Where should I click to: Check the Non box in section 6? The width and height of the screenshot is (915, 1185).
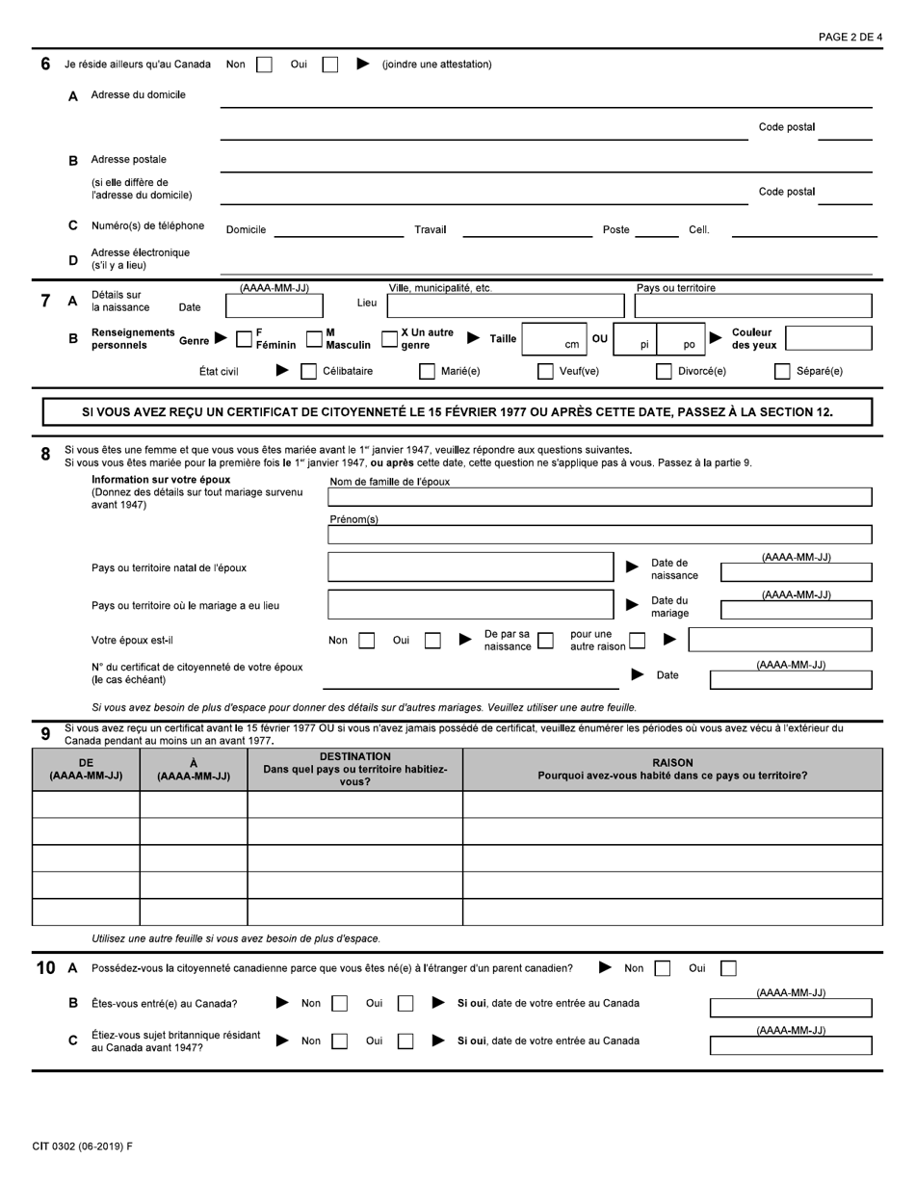click(264, 65)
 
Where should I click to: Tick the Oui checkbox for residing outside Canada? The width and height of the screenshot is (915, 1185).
click(330, 65)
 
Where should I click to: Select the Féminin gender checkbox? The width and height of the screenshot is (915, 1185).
click(245, 338)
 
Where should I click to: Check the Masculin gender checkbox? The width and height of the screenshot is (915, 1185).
click(315, 338)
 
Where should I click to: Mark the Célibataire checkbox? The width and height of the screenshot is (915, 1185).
click(309, 371)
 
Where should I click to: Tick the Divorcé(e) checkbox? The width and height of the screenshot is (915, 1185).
click(664, 371)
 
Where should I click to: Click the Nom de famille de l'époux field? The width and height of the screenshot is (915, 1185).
click(599, 497)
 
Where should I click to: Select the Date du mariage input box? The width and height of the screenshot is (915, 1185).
click(797, 610)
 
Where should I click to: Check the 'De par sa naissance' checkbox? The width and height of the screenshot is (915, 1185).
click(545, 640)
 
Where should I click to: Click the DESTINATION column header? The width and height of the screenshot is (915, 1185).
click(355, 769)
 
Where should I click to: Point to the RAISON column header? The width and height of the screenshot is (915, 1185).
click(672, 769)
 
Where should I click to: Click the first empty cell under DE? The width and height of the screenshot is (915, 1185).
click(86, 804)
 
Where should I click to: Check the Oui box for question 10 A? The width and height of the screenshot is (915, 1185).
click(729, 968)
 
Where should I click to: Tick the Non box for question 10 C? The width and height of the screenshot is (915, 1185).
click(339, 1040)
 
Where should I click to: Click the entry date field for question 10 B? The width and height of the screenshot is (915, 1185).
click(791, 1009)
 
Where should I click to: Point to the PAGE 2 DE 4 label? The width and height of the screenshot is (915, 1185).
click(850, 37)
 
